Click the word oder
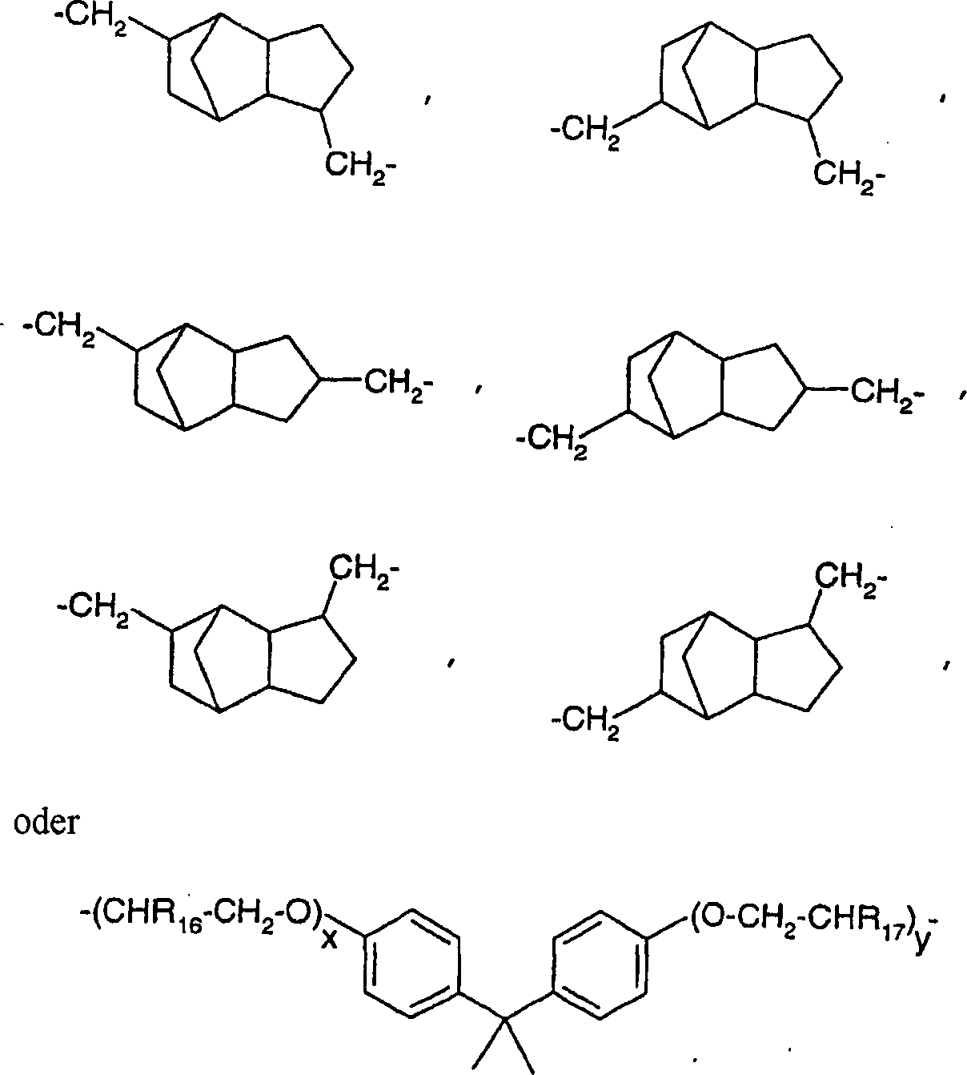46,837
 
